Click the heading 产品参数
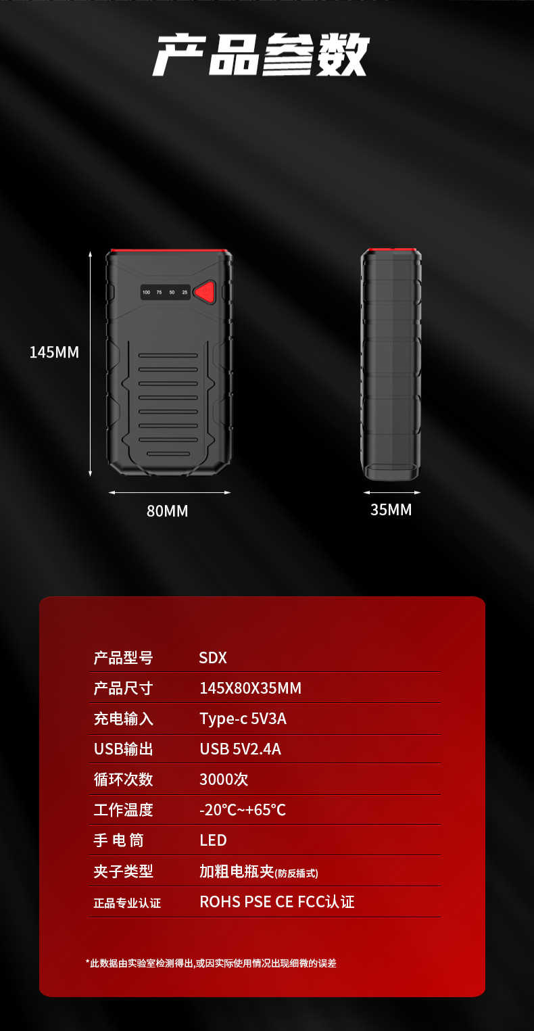point(262,55)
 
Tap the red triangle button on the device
point(204,292)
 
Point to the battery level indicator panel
point(166,292)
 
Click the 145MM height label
point(54,352)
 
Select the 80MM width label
point(168,511)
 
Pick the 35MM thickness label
point(391,510)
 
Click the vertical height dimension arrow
point(91,364)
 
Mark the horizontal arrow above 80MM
point(170,492)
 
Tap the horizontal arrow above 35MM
point(391,492)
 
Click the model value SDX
point(213,658)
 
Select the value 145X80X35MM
point(250,688)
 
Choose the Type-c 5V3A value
point(243,719)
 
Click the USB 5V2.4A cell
point(240,749)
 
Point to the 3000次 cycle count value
point(224,780)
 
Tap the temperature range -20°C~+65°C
point(243,810)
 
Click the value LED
point(213,840)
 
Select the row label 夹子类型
point(123,871)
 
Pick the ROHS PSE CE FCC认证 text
point(277,902)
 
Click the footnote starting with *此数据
point(211,963)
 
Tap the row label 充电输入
point(123,719)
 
